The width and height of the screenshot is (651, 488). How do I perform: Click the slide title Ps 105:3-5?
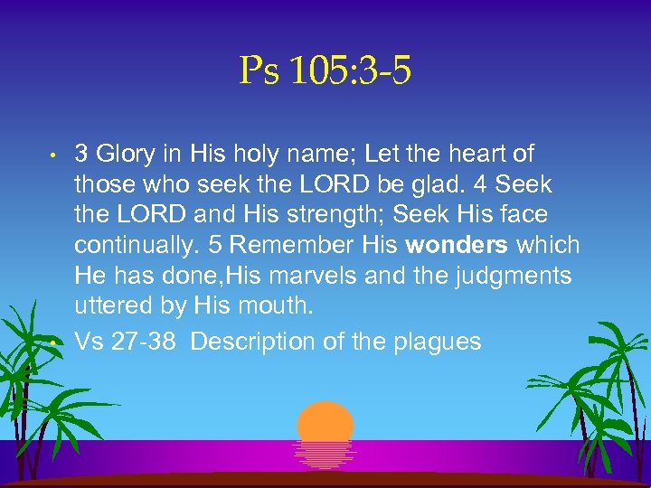pos(325,71)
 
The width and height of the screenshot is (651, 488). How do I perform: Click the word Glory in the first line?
pos(124,155)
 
